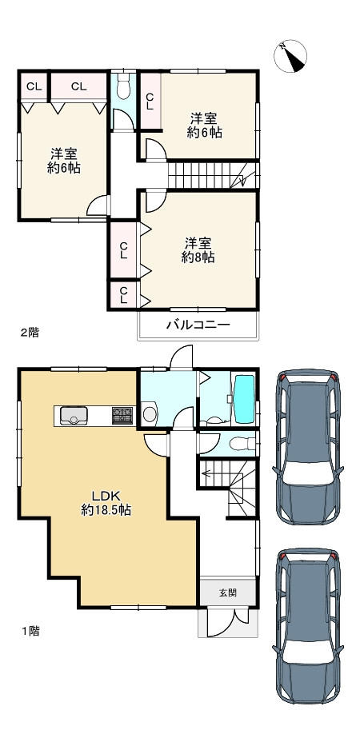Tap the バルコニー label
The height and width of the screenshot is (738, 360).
tap(198, 325)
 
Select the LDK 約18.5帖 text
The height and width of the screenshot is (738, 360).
tap(106, 501)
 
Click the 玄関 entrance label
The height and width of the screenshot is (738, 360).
tap(227, 592)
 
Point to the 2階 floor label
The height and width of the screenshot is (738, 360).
tap(29, 332)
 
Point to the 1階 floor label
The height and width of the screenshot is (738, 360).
tap(29, 631)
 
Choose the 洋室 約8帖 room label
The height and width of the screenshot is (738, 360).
tap(198, 249)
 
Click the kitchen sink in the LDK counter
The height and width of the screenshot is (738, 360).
tap(74, 415)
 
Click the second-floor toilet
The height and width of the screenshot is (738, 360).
tap(123, 88)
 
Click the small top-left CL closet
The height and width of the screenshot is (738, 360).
tap(34, 86)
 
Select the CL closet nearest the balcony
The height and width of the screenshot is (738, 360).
tap(123, 295)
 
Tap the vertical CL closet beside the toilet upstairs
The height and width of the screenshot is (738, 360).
tap(150, 99)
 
